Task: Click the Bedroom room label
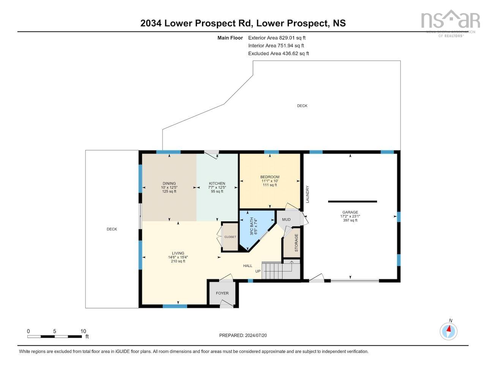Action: coord(270,177)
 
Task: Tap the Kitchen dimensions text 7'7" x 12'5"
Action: coord(217,188)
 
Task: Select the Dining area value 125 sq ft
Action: coord(169,191)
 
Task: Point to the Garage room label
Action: coord(350,212)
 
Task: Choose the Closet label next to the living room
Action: coord(230,237)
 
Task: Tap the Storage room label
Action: coord(297,243)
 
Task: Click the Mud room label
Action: coord(286,220)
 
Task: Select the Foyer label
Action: coord(222,293)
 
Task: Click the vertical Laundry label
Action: coord(308,194)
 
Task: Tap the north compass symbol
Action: coord(449,331)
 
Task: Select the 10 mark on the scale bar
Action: coord(83,331)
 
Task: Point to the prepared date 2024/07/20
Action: coord(245,335)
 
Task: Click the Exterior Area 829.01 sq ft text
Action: coord(277,38)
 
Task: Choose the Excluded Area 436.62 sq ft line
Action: coord(278,54)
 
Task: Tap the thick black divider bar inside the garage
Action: coord(352,201)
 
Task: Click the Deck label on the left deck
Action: coord(112,229)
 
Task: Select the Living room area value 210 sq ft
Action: coord(178,261)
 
